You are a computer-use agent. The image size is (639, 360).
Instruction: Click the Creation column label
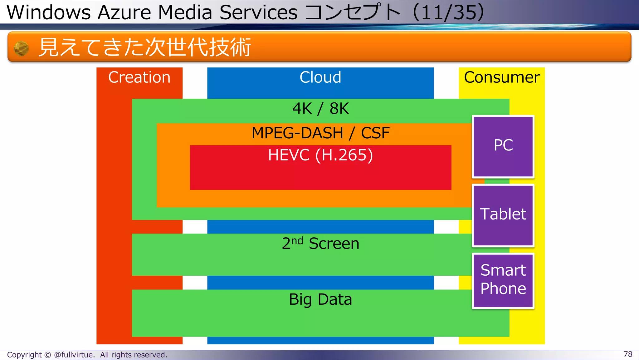[x=139, y=77]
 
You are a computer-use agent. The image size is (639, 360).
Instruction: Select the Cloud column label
[x=320, y=77]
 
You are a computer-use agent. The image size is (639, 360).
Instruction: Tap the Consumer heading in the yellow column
[x=502, y=77]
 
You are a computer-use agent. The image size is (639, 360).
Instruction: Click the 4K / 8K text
[x=320, y=109]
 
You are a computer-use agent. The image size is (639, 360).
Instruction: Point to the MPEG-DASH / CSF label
[x=320, y=133]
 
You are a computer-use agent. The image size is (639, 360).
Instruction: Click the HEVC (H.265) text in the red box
[x=320, y=155]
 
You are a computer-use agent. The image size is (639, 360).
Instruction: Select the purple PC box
[x=503, y=146]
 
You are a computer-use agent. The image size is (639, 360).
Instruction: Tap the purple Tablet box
[x=503, y=215]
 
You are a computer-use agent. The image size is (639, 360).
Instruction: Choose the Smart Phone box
[x=503, y=280]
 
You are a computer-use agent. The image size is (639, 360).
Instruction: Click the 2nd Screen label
[x=320, y=244]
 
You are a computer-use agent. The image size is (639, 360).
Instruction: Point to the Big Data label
[x=320, y=299]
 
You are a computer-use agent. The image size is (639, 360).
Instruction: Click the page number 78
[x=628, y=354]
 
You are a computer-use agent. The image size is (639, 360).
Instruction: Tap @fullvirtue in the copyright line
[x=74, y=355]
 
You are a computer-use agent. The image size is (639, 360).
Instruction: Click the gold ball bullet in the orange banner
[x=21, y=48]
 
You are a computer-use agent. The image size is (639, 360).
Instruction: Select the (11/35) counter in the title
[x=448, y=12]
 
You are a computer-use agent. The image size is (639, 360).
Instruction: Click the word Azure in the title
[x=124, y=12]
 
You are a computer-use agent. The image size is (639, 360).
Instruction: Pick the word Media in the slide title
[x=185, y=12]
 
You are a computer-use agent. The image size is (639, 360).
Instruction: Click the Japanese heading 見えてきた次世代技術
[x=144, y=47]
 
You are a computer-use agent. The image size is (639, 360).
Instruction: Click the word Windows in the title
[x=48, y=12]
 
